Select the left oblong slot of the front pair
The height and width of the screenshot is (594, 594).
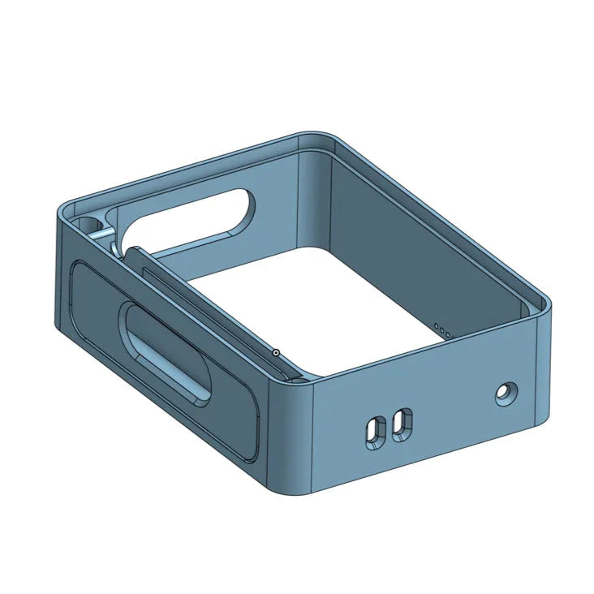[376, 430]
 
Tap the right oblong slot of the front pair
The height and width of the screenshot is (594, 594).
[401, 424]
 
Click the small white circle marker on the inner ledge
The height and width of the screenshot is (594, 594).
[276, 352]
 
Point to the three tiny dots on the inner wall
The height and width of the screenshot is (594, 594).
[442, 330]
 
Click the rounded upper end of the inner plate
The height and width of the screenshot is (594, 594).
[135, 251]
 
